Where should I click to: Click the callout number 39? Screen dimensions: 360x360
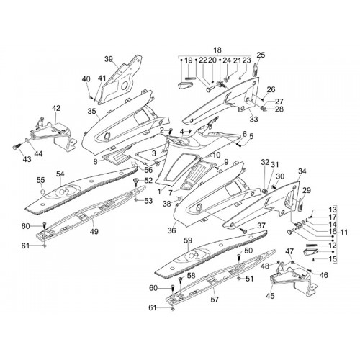pyautogui.click(x=109, y=59)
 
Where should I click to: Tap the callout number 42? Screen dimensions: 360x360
pyautogui.click(x=56, y=108)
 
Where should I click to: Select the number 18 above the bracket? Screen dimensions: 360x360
pyautogui.click(x=217, y=50)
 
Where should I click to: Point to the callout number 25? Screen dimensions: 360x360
pyautogui.click(x=261, y=55)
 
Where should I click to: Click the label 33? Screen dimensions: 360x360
pyautogui.click(x=254, y=119)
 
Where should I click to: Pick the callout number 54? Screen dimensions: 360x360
pyautogui.click(x=60, y=174)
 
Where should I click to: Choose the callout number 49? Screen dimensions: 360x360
pyautogui.click(x=94, y=232)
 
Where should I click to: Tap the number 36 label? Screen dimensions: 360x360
pyautogui.click(x=171, y=230)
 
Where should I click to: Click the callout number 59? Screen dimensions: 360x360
pyautogui.click(x=188, y=240)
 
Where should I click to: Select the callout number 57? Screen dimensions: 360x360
pyautogui.click(x=215, y=300)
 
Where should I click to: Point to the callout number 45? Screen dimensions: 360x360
pyautogui.click(x=270, y=296)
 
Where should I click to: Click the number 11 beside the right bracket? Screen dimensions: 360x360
pyautogui.click(x=344, y=233)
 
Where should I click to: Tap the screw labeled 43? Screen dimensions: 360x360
pyautogui.click(x=16, y=147)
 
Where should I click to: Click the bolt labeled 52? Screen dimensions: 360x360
pyautogui.click(x=137, y=181)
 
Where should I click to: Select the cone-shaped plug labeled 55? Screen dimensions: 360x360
pyautogui.click(x=42, y=192)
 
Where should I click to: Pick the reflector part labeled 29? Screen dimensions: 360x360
pyautogui.click(x=301, y=204)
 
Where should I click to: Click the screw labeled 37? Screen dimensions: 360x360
pyautogui.click(x=244, y=231)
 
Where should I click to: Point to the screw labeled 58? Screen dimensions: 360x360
pyautogui.click(x=181, y=280)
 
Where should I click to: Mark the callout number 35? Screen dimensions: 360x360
pyautogui.click(x=91, y=112)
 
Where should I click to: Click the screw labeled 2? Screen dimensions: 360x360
pyautogui.click(x=171, y=131)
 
